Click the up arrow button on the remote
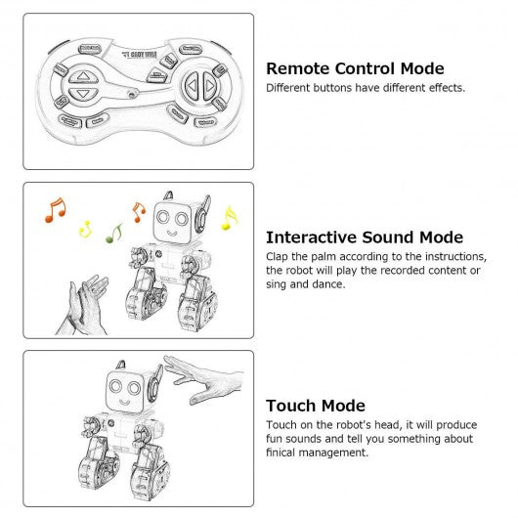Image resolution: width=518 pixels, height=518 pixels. [x=83, y=77]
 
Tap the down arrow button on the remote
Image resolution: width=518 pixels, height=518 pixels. [x=83, y=94]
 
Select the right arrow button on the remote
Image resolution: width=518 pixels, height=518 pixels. [x=209, y=86]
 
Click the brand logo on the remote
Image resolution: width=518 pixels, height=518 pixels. [x=139, y=55]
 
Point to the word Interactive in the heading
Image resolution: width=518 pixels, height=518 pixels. [x=312, y=237]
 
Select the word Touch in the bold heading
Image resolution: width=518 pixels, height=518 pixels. [x=291, y=406]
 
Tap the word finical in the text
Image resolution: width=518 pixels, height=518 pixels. [x=281, y=453]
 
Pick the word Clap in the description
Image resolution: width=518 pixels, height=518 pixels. [x=277, y=257]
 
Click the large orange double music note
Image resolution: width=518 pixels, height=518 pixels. [x=56, y=210]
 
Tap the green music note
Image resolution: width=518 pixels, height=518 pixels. [x=114, y=234]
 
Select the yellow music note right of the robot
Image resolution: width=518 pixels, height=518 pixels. [x=230, y=218]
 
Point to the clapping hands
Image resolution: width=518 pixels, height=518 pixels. [x=83, y=306]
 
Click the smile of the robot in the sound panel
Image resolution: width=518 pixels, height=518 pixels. [x=172, y=234]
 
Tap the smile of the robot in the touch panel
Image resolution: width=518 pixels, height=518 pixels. [x=124, y=402]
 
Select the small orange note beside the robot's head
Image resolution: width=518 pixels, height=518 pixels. [x=139, y=212]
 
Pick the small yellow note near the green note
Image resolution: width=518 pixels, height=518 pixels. [x=86, y=229]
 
